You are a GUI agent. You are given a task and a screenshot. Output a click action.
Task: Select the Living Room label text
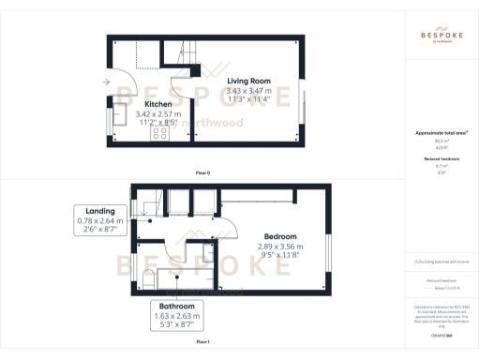point(248,80)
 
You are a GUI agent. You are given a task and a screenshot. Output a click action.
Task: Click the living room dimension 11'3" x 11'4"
point(248,98)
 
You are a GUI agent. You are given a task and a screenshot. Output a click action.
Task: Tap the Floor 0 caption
point(202,174)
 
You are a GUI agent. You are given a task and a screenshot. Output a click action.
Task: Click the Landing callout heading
point(100,211)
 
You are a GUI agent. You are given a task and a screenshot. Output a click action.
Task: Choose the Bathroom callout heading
point(177,306)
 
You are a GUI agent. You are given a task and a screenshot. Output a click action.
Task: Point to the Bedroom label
point(279,236)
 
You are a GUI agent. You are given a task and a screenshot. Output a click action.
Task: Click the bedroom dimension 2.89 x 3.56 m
point(279,247)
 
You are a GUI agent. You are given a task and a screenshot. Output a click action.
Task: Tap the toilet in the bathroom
point(150,279)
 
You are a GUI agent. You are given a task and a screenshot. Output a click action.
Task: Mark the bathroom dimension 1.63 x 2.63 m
point(177,317)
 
